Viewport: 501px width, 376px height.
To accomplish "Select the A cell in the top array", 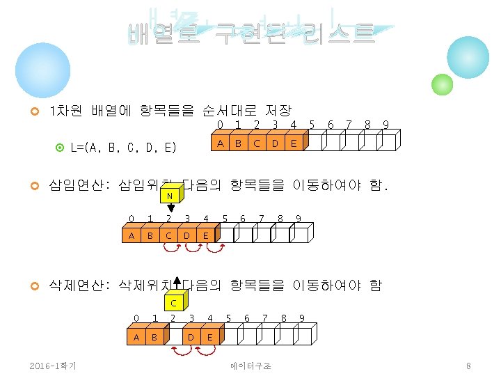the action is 219,143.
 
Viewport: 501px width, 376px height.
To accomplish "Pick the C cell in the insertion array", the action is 168,235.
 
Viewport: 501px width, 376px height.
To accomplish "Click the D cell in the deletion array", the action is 191,338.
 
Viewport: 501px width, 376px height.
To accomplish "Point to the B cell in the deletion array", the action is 154,338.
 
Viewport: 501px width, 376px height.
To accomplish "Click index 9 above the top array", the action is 385,125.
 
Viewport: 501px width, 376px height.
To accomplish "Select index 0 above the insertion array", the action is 132,219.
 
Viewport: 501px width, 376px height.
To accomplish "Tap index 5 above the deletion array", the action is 229,319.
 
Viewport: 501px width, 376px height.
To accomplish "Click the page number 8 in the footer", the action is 469,366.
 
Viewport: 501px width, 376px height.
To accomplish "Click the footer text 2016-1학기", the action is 54,366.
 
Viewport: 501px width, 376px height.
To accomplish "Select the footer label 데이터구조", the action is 250,366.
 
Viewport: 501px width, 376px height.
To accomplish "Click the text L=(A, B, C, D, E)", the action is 123,147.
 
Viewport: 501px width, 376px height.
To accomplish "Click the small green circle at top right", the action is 442,84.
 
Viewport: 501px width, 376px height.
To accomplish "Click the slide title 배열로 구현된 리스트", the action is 250,33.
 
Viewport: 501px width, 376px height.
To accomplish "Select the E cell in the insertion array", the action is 205,235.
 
